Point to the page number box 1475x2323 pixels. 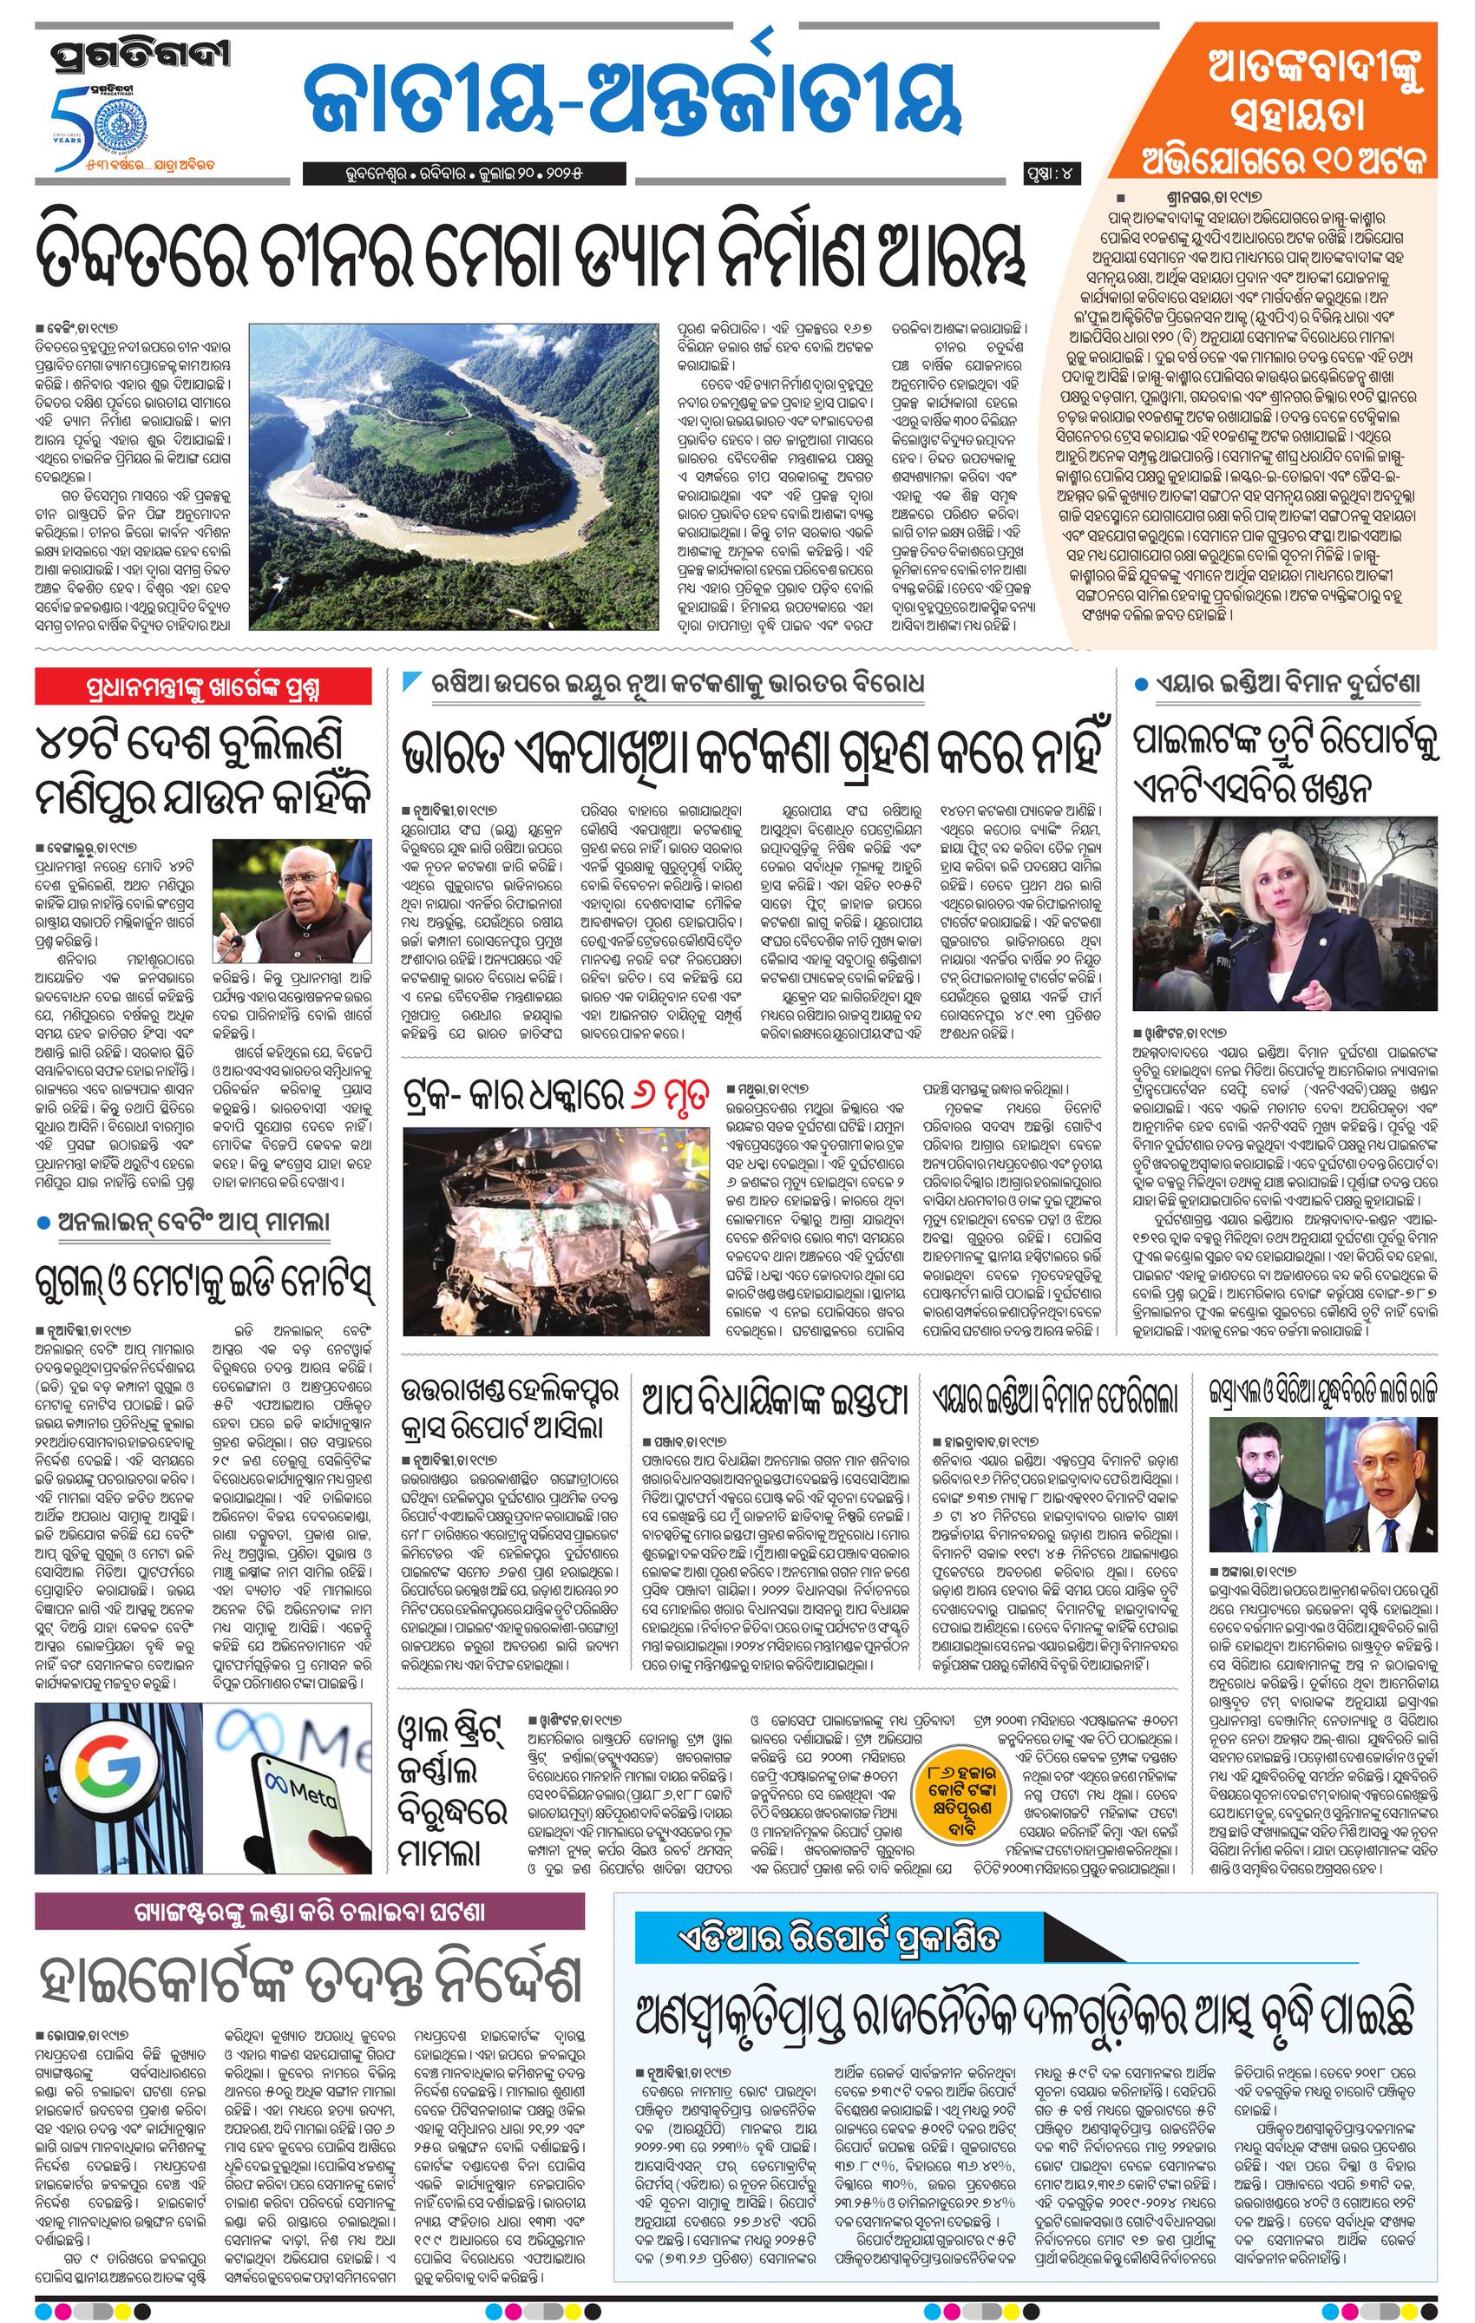click(x=1053, y=174)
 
